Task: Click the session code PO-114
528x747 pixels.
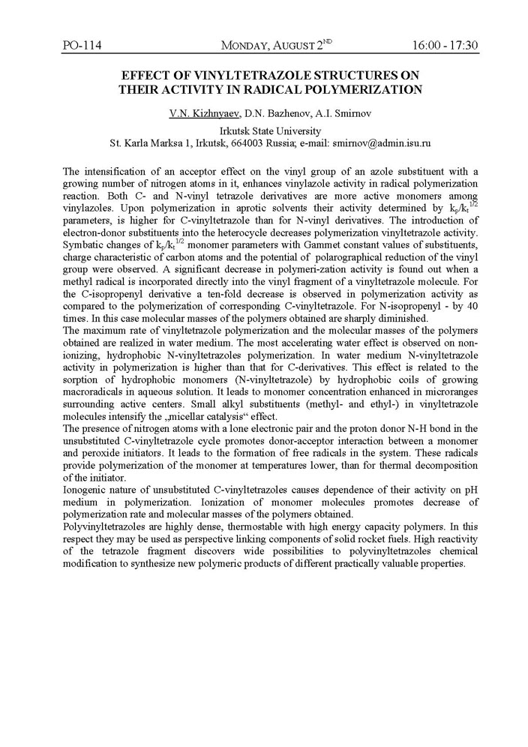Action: (82, 46)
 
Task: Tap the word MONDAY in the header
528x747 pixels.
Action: (250, 46)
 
